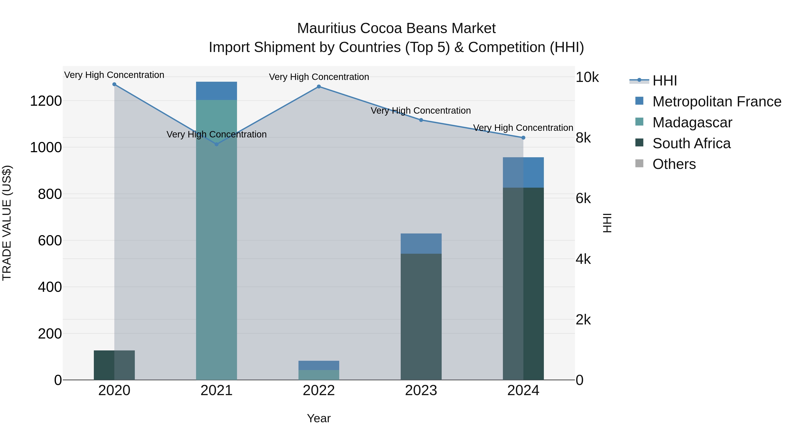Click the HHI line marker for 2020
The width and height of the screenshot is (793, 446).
pos(114,84)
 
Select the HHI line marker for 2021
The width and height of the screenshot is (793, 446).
pos(216,144)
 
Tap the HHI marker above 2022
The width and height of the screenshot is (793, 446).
pos(319,87)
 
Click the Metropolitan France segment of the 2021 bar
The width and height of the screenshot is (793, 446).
pos(216,91)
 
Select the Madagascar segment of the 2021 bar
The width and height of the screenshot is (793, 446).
pos(216,240)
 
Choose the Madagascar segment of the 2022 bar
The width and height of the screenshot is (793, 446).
pos(319,375)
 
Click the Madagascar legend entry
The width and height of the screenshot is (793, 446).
pos(692,122)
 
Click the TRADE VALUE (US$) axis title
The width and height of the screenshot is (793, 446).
pos(7,223)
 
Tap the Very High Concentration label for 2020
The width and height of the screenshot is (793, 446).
pos(114,75)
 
